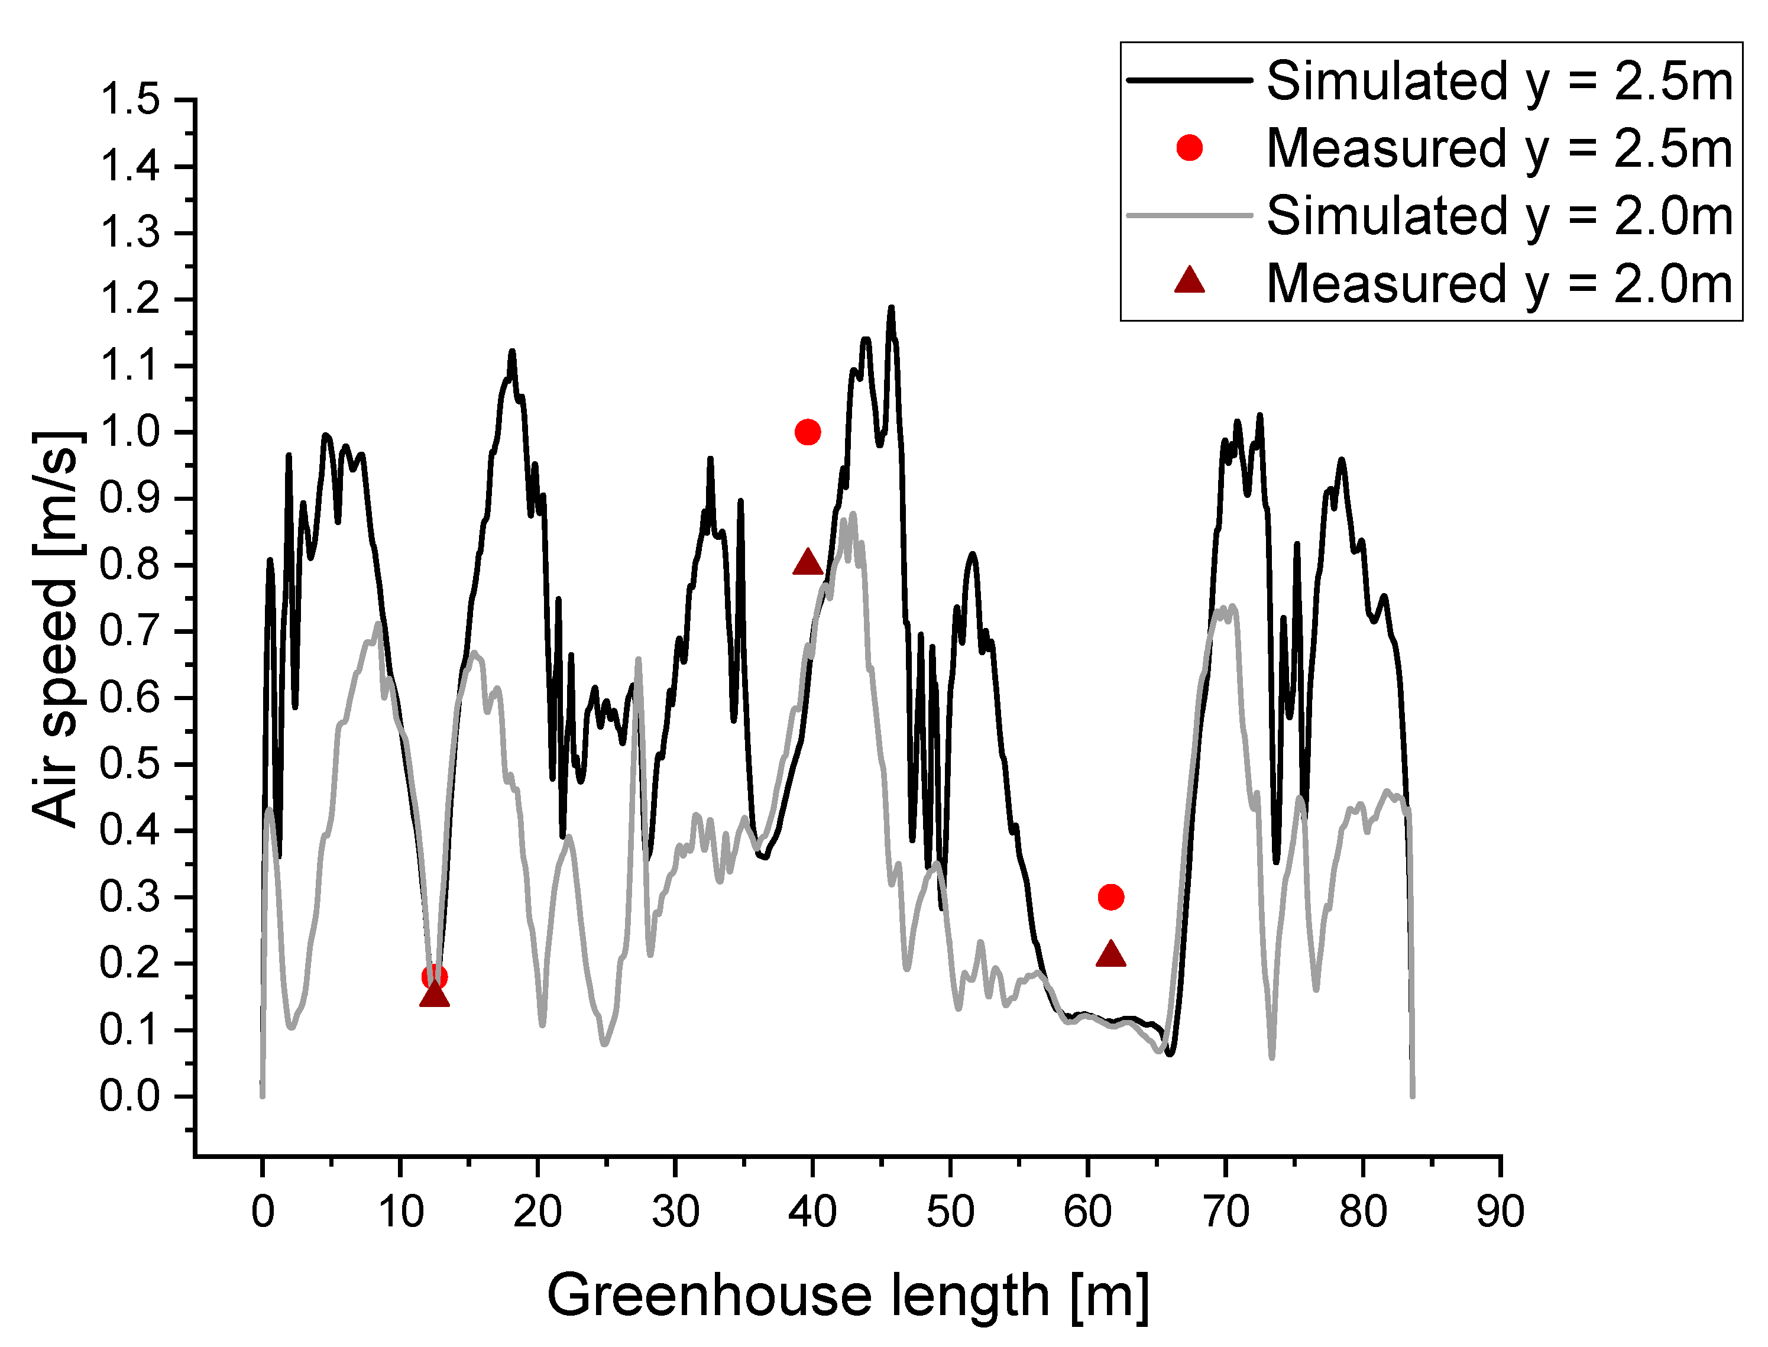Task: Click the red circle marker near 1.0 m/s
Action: coord(808,432)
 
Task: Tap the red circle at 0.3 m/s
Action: coord(1110,896)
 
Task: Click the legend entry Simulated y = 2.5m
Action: coord(1500,81)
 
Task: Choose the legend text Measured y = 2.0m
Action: coord(1500,284)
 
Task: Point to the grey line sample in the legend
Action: coord(1189,215)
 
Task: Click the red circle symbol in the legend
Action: coord(1189,147)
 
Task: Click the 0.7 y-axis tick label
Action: coord(130,632)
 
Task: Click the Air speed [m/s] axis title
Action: coord(56,629)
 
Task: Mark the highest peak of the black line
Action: coord(891,308)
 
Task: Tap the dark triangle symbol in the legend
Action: coord(1189,281)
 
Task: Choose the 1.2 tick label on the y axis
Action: coord(130,300)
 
